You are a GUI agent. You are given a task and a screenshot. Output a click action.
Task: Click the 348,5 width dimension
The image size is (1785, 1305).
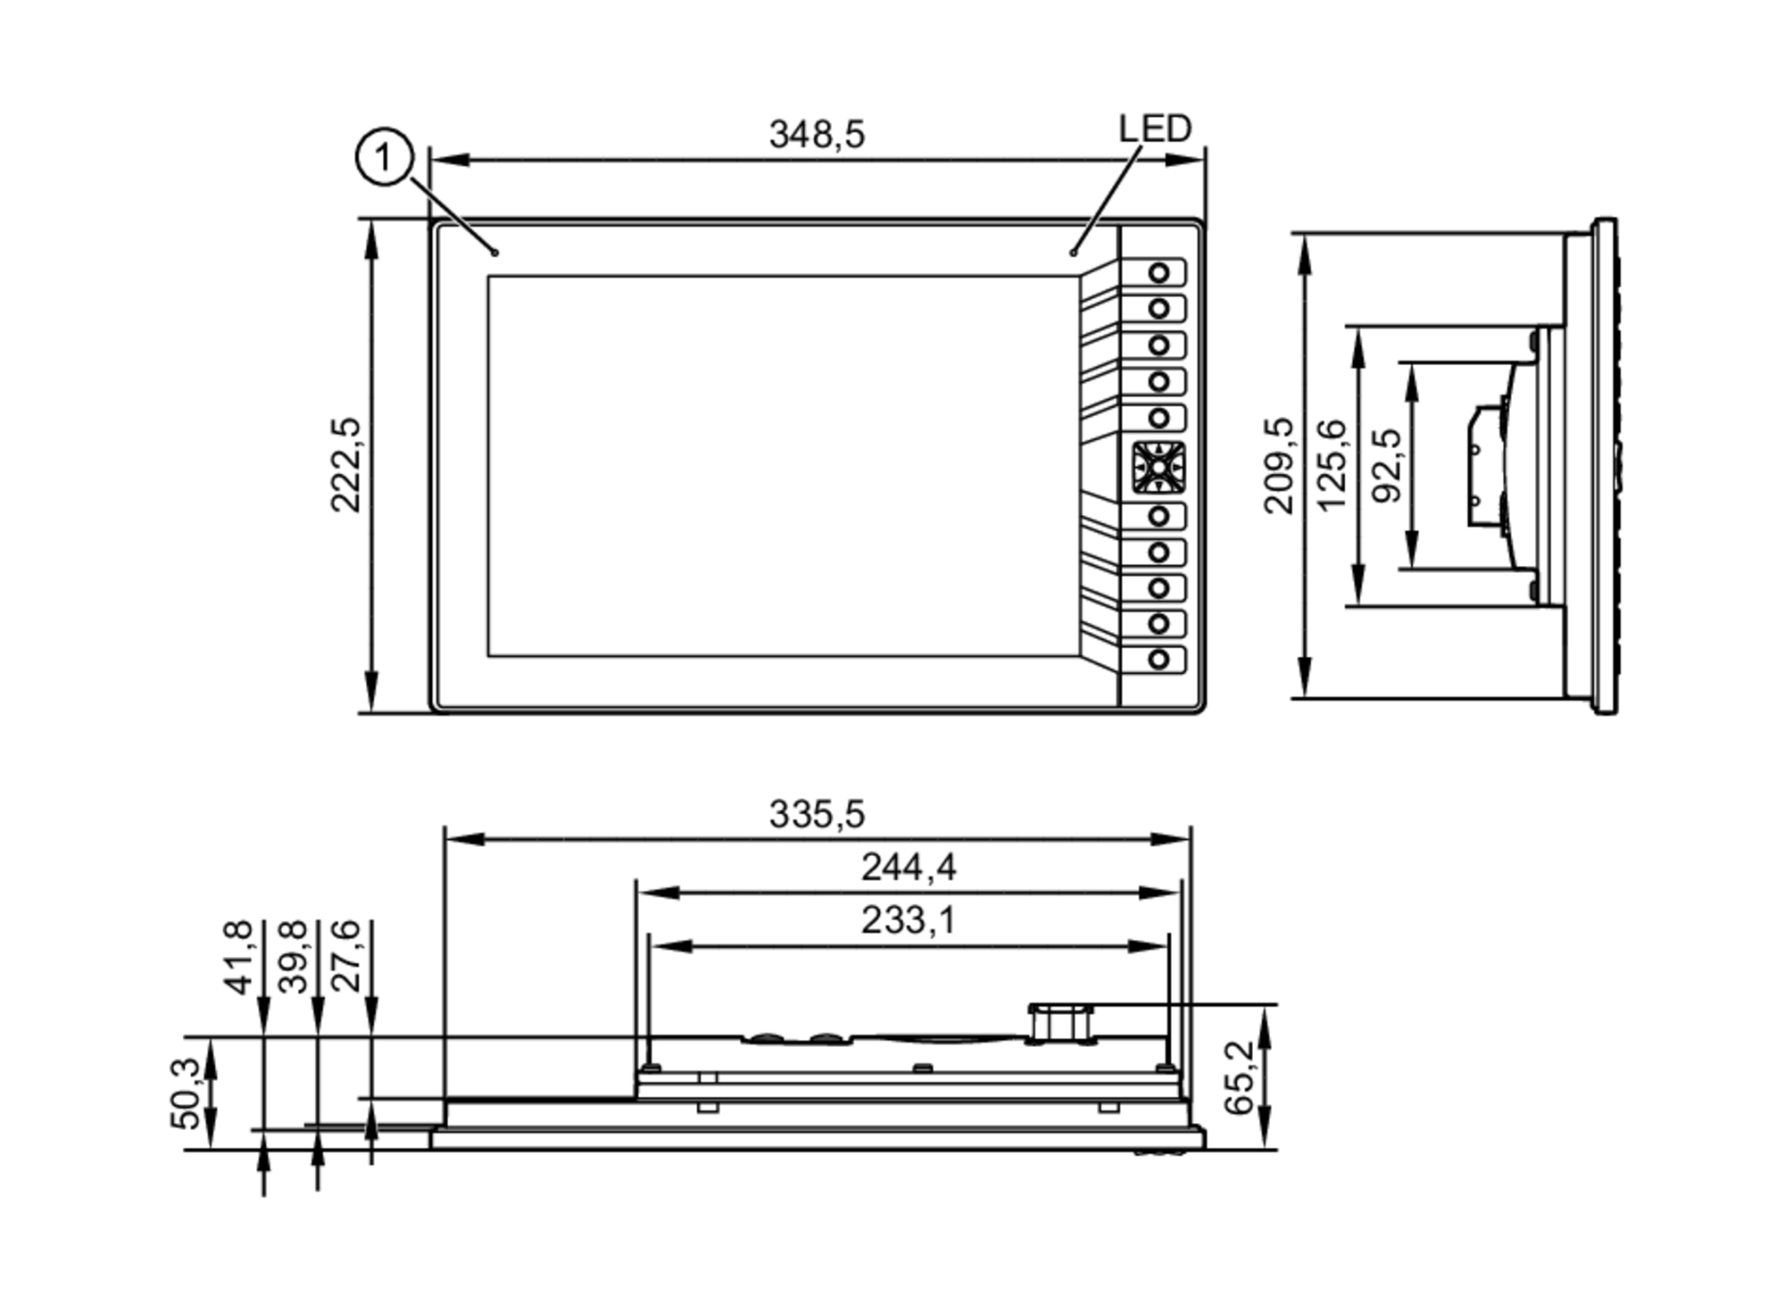pos(816,135)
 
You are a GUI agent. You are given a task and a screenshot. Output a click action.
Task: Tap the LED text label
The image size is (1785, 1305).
pos(1154,129)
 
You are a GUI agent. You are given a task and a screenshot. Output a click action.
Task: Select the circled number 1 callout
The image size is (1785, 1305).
pos(384,158)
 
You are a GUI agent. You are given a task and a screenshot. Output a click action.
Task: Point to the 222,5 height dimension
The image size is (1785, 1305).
pos(345,464)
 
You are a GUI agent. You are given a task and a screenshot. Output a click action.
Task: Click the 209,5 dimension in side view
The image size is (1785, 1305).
pos(1279,464)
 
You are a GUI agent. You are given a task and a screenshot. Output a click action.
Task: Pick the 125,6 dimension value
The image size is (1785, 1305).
pos(1331,464)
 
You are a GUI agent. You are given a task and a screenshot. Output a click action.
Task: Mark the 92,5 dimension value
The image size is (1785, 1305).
pos(1386,464)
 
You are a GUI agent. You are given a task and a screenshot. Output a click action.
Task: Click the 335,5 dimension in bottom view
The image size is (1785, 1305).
pos(816,814)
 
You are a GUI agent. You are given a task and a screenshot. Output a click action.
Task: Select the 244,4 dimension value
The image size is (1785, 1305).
pos(908,867)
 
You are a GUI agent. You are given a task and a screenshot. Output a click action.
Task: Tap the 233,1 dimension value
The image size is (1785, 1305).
pos(908,919)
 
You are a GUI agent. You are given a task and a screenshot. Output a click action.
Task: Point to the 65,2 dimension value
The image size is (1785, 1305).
pos(1239,1077)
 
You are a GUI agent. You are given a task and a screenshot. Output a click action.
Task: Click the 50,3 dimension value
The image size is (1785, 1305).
pos(186,1093)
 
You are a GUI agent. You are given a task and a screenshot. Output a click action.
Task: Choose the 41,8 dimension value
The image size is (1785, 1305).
pos(238,957)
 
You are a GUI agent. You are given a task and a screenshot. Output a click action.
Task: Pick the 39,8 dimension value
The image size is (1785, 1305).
pos(293,957)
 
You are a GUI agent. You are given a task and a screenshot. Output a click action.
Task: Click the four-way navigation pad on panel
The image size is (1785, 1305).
pos(1158,467)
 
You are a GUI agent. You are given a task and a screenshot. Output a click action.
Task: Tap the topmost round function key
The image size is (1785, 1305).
pos(1158,272)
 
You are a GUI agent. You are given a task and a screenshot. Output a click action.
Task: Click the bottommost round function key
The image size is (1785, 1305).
pos(1158,660)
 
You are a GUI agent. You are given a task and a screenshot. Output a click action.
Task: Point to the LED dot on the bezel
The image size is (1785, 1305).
pos(1073,254)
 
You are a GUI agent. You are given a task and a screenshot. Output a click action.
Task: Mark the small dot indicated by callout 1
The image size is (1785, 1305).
pos(495,254)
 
